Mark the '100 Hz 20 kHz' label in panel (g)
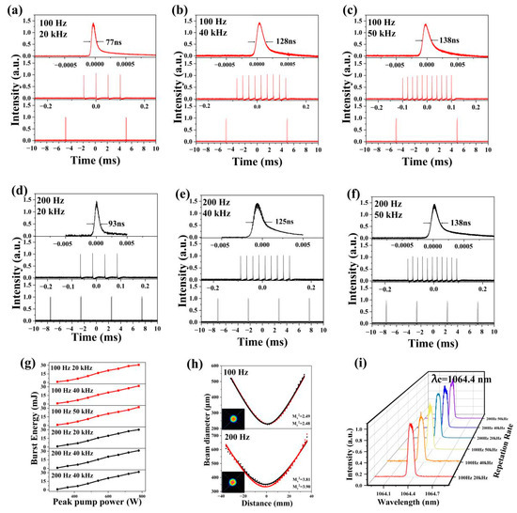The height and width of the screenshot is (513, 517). click(x=72, y=365)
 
